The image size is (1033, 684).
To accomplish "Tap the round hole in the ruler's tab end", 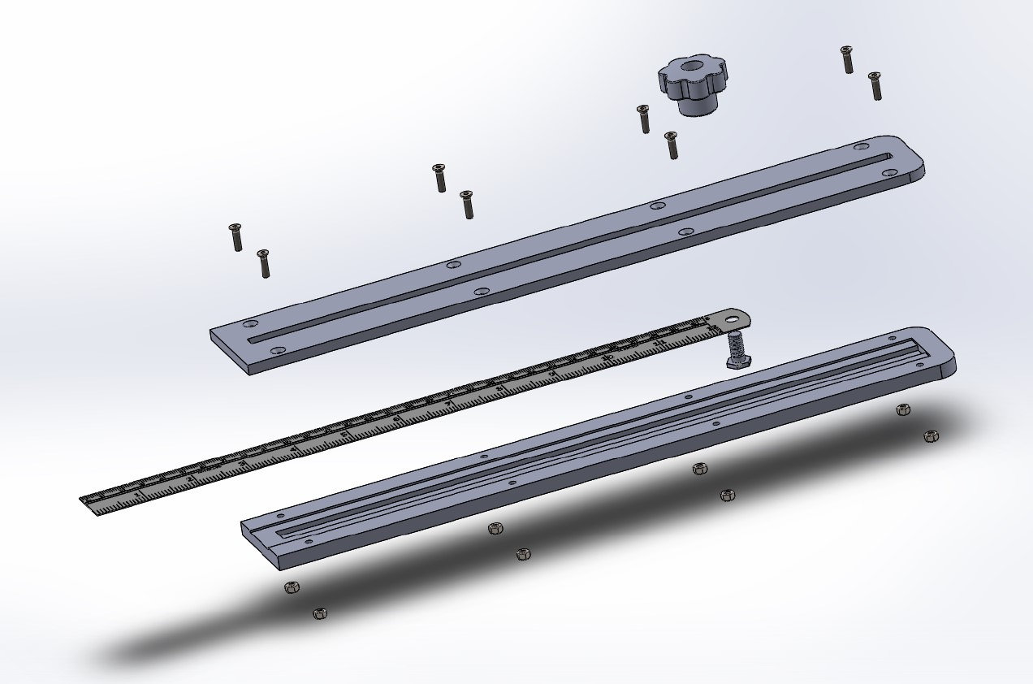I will pyautogui.click(x=733, y=319).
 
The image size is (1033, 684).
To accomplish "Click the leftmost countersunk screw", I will pyautogui.click(x=237, y=236).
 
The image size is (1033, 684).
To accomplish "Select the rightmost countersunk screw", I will pyautogui.click(x=875, y=85).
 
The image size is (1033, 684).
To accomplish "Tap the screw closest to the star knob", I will pyautogui.click(x=644, y=119).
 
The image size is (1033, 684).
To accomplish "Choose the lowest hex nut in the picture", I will pyautogui.click(x=320, y=613).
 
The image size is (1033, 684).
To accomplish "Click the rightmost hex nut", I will pyautogui.click(x=931, y=437).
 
